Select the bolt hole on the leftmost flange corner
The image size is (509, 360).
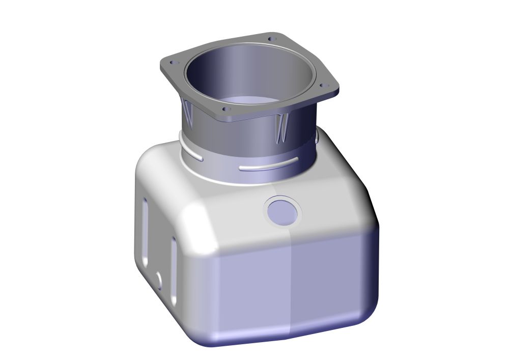coord(172,62)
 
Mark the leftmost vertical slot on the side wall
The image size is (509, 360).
coord(146,229)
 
